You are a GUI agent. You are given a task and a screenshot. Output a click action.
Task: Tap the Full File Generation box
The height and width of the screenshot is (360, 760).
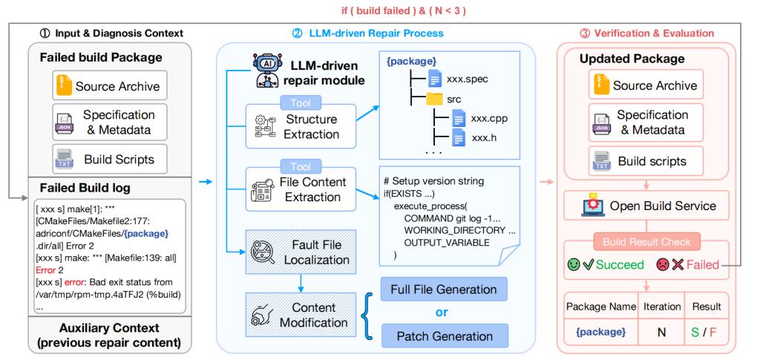point(444,289)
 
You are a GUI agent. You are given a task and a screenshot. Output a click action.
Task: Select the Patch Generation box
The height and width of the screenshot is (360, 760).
point(444,336)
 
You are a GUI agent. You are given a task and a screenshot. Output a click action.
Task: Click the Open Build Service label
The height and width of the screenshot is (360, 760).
point(663,206)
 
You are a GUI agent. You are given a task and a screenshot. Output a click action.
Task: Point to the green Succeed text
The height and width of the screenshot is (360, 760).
point(620,264)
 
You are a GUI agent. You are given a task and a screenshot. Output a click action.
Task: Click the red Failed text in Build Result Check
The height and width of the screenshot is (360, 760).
point(703,264)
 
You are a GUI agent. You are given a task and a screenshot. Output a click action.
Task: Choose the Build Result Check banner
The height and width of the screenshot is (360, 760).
point(646,241)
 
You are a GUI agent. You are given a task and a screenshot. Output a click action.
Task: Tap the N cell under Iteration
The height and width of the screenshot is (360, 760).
point(661,332)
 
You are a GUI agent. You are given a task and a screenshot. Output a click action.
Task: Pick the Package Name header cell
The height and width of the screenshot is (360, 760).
point(601,307)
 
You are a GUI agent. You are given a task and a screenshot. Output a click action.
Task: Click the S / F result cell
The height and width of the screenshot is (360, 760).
point(707,332)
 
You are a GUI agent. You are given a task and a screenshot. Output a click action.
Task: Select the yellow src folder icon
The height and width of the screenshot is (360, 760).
point(434,99)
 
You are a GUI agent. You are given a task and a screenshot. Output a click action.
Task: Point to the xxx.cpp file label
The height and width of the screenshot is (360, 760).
point(490,118)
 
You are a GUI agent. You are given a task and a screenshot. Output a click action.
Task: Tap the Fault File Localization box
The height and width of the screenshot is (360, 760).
point(301,252)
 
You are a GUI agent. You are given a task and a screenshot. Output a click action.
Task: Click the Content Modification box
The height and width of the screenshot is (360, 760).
point(301,315)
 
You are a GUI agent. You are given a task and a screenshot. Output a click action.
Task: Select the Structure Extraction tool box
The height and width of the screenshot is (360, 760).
point(301,126)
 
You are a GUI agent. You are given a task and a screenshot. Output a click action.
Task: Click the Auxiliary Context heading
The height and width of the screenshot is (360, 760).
point(110,328)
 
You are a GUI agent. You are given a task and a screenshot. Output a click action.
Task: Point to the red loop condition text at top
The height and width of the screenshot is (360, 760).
point(403,10)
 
